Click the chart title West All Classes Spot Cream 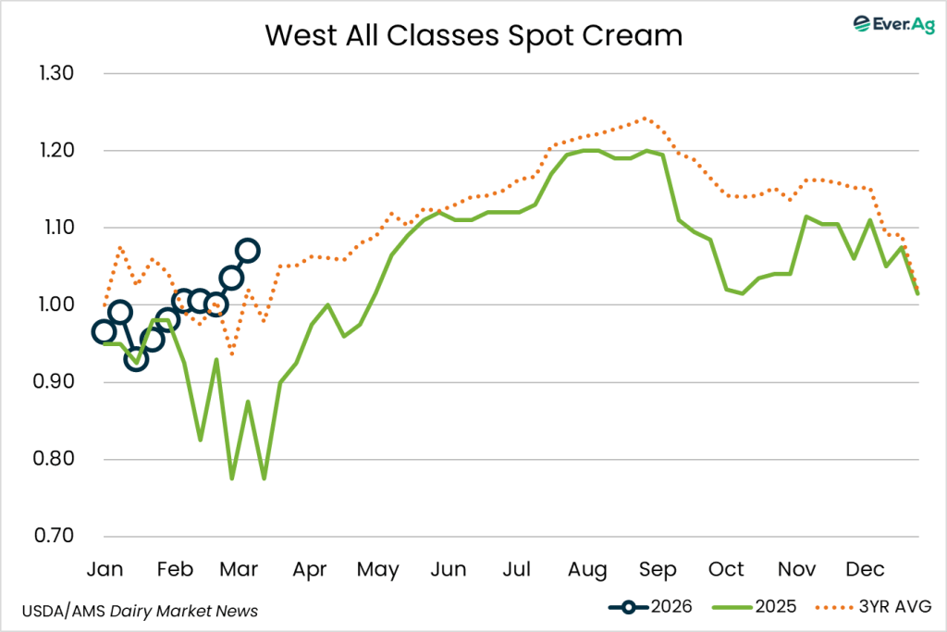pos(473,35)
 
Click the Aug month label pos(588,568)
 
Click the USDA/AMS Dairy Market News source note pos(139,611)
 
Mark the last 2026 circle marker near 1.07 pos(248,250)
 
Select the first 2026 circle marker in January pos(104,332)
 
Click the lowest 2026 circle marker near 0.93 pos(136,359)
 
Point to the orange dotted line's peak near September pos(645,118)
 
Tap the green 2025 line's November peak pos(807,217)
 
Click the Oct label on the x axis pos(728,568)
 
